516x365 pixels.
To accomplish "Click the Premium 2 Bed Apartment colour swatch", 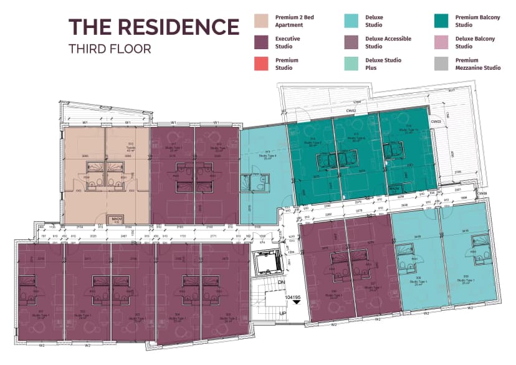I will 262,21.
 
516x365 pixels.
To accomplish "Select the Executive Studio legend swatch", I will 262,42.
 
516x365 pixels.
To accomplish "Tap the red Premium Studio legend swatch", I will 262,64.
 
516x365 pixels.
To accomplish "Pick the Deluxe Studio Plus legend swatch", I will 353,64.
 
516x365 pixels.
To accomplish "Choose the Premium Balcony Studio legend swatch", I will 442,21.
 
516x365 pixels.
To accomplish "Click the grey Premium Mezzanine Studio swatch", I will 442,64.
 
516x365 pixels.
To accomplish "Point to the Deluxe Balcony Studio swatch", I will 442,42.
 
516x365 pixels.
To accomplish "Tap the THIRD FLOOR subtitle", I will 110,49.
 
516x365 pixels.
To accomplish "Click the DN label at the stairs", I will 281,282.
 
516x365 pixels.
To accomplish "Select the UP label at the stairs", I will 281,313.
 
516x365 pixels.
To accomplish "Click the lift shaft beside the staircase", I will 266,261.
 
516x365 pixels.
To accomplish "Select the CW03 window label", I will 436,122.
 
